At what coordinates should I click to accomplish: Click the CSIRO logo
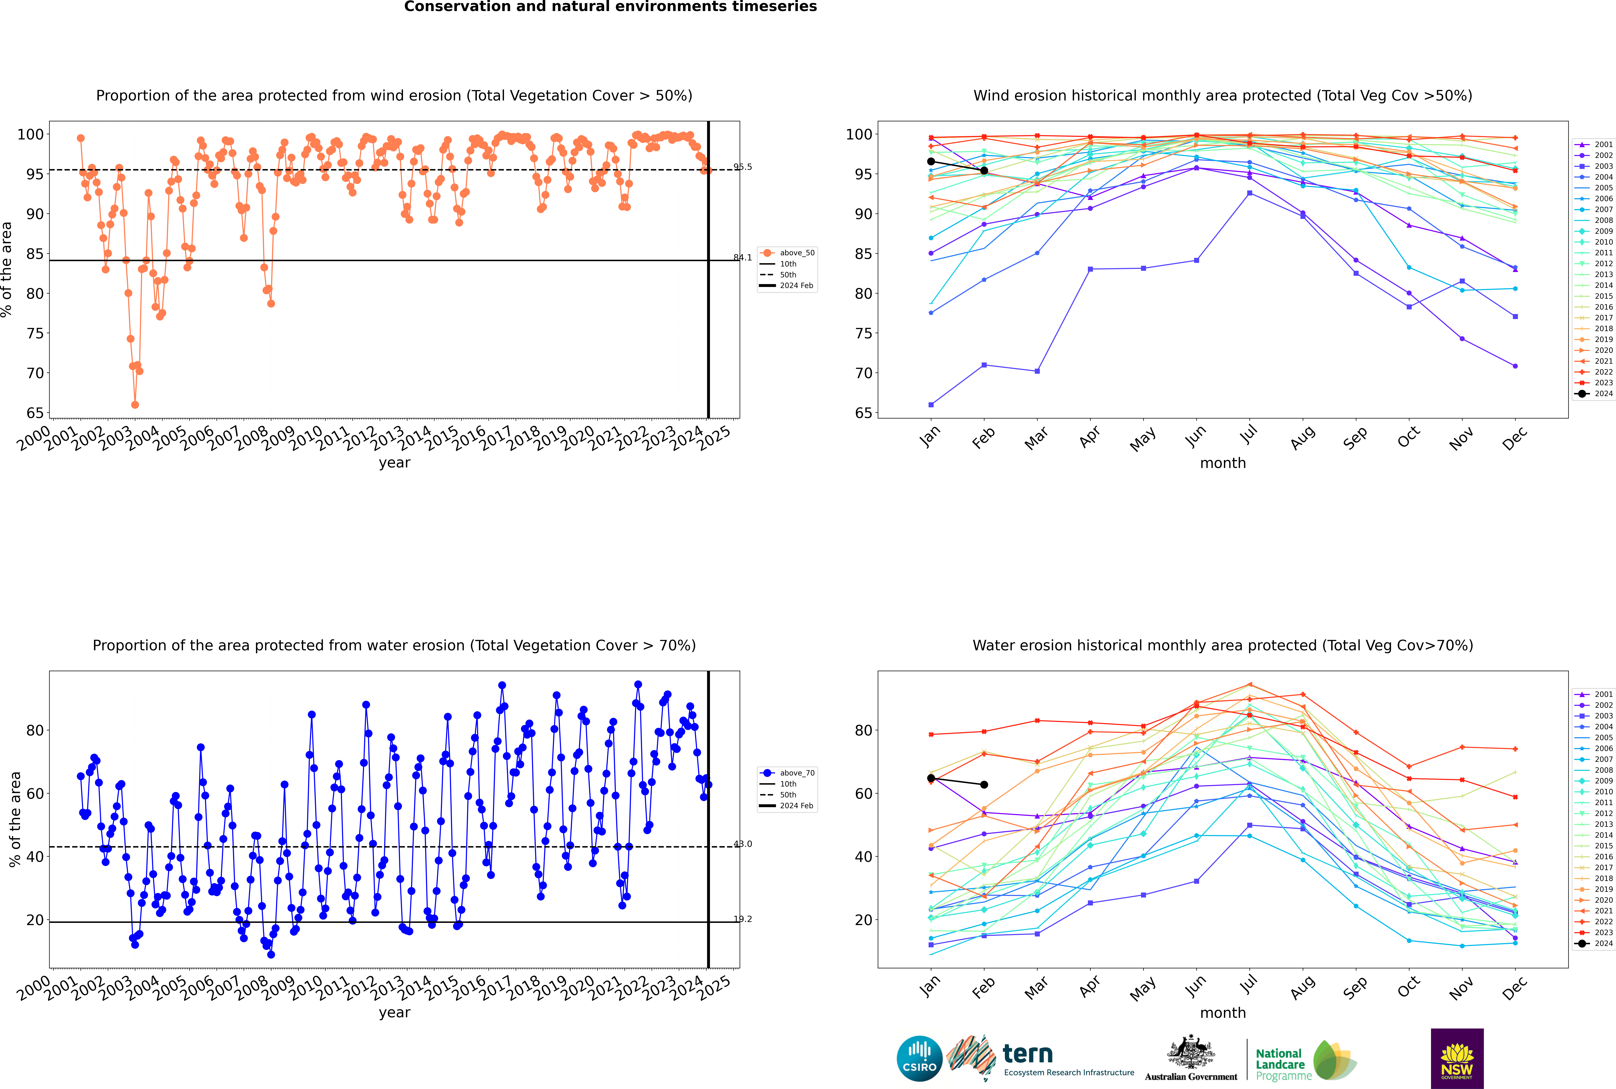pos(919,1058)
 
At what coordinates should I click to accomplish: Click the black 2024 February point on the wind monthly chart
pos(984,171)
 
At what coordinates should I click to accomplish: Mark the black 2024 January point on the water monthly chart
pos(931,779)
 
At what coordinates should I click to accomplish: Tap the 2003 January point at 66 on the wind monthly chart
pos(931,405)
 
